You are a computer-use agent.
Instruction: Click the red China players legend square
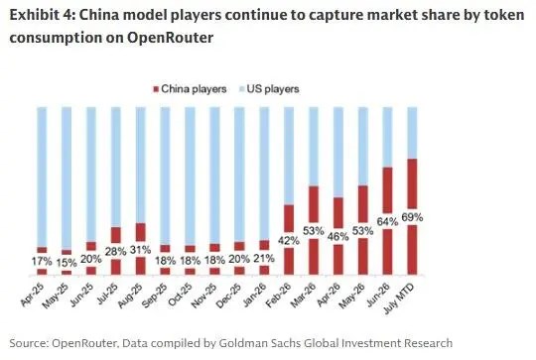point(156,89)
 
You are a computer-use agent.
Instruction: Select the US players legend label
point(273,89)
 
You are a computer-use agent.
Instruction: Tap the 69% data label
point(412,217)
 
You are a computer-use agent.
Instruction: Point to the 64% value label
point(388,222)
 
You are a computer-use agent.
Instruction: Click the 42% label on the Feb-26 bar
point(289,241)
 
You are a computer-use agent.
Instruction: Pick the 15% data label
point(67,263)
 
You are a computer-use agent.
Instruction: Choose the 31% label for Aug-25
point(141,250)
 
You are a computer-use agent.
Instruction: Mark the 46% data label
point(338,236)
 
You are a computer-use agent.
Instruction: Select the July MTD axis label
point(399,299)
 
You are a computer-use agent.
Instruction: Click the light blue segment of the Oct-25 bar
point(190,177)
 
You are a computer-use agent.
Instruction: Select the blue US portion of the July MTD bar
point(412,133)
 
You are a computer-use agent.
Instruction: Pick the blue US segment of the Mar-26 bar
point(314,147)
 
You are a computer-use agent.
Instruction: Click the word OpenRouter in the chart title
point(171,38)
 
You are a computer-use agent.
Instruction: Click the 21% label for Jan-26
point(264,258)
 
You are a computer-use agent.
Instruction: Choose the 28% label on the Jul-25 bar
point(116,252)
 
